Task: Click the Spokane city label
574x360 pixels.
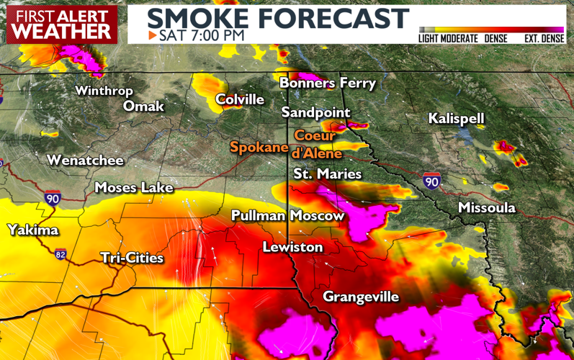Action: tap(259, 147)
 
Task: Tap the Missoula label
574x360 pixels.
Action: tap(487, 208)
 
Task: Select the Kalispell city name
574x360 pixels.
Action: tap(456, 119)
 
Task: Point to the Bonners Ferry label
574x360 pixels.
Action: tap(328, 84)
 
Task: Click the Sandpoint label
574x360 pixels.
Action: tap(315, 113)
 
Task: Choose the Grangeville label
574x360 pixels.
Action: tap(360, 297)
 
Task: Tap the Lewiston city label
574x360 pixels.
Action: tap(292, 248)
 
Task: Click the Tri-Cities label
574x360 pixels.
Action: tap(132, 258)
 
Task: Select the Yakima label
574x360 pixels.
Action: tap(32, 230)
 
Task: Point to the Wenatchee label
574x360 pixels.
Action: tap(85, 161)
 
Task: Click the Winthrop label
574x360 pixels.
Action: tap(104, 91)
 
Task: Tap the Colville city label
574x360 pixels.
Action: tap(240, 99)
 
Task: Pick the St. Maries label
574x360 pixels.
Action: tap(327, 174)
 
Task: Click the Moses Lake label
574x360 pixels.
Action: tap(134, 188)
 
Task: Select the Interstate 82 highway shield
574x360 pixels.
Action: tap(59, 253)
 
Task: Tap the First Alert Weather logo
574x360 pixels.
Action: tap(63, 24)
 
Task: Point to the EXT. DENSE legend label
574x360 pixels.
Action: tap(544, 38)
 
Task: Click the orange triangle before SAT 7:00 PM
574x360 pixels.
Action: tap(152, 35)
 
